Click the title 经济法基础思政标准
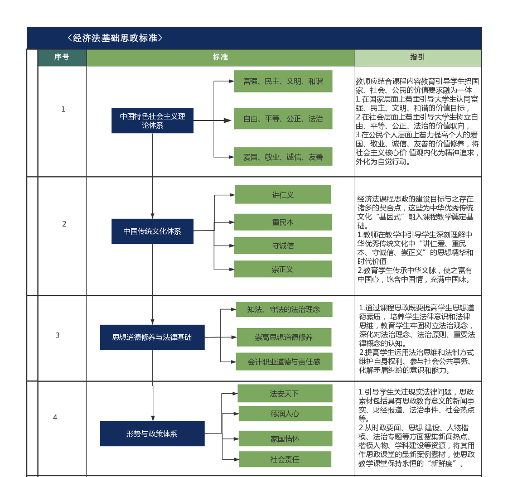point(115,38)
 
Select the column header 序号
point(62,57)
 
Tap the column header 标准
point(220,57)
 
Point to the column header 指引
point(417,57)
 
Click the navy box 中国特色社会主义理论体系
point(152,121)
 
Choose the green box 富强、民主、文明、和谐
point(283,81)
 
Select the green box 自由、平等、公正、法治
point(283,119)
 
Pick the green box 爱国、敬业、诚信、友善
point(283,157)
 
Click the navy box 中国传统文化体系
point(152,231)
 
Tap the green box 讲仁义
point(283,195)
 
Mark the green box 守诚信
point(283,245)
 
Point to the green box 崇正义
point(283,269)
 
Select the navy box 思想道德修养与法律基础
point(152,337)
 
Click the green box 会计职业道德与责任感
point(284,362)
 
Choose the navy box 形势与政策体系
point(152,433)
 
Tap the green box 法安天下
point(284,393)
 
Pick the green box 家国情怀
point(285,439)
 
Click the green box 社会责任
point(285,459)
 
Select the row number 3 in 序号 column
point(57,335)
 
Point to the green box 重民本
point(283,222)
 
